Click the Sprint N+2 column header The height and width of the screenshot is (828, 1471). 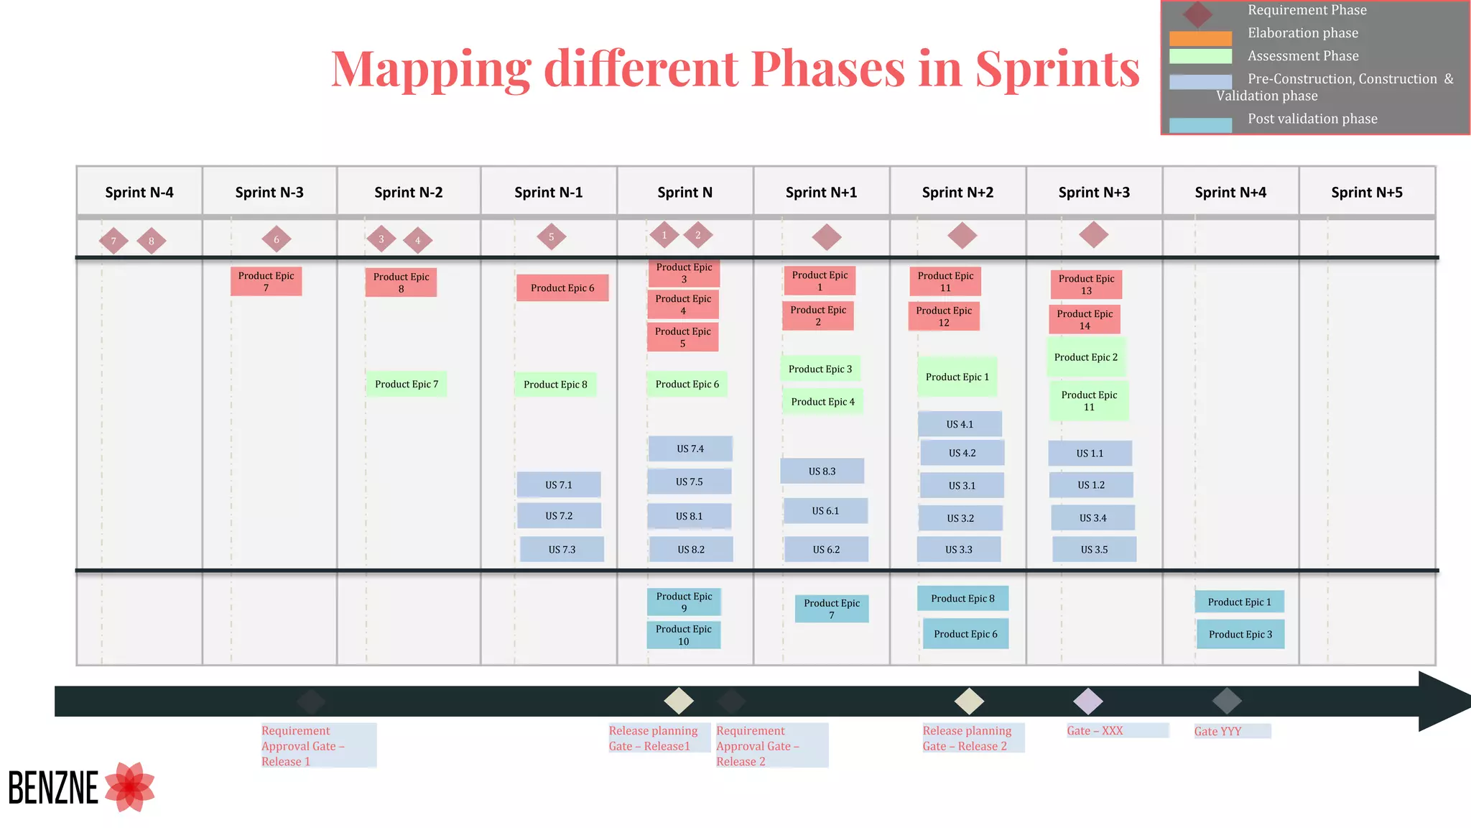pos(957,192)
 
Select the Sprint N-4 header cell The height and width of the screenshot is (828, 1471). pos(139,192)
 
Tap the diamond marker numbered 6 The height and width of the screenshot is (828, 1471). pos(277,239)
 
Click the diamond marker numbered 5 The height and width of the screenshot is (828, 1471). pos(551,236)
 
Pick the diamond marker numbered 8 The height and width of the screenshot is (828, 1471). pos(151,241)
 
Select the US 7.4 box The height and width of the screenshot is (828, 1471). pos(690,448)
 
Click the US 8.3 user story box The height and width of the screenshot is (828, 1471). pos(822,471)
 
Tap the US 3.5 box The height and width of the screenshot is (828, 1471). pos(1094,549)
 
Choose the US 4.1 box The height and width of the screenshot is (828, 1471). pos(960,424)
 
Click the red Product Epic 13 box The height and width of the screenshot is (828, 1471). pos(1086,285)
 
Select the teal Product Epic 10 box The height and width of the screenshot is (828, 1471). pos(683,635)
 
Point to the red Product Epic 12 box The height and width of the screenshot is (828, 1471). pos(944,316)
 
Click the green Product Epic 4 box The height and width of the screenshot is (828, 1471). pos(822,402)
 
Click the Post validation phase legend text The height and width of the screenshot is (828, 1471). pos(1312,119)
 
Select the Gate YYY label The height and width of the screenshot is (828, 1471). pos(1217,731)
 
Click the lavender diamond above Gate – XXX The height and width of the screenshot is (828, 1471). pos(1087,701)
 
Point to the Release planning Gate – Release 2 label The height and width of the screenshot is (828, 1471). pos(967,738)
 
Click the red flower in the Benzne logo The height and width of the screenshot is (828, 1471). pos(130,787)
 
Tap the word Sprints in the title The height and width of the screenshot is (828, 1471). pos(1057,69)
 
